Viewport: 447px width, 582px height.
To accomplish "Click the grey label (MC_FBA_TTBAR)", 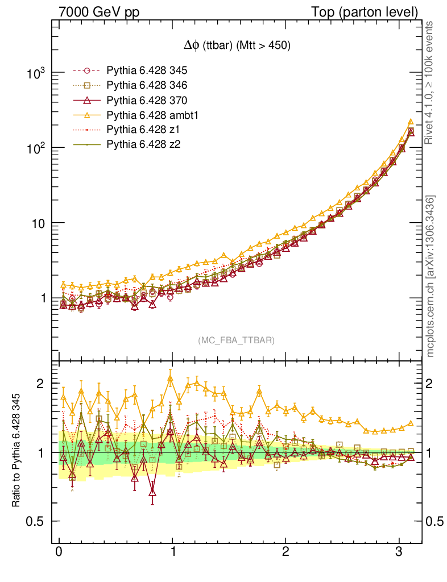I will [x=237, y=340].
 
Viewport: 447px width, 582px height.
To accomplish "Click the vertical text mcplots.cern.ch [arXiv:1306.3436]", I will [x=431, y=276].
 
